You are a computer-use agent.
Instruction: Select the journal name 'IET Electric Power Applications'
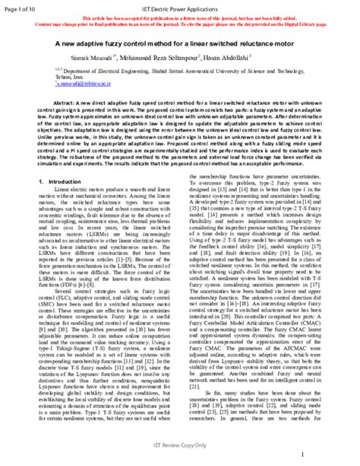pyautogui.click(x=179, y=5)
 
